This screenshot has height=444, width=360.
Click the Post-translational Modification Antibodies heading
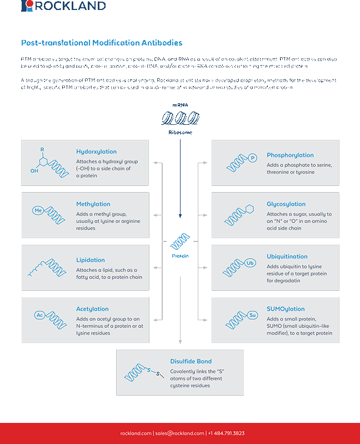pyautogui.click(x=102, y=43)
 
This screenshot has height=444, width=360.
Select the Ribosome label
pyautogui.click(x=180, y=133)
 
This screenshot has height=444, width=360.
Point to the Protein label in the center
pyautogui.click(x=180, y=256)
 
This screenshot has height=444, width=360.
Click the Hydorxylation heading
pyautogui.click(x=96, y=152)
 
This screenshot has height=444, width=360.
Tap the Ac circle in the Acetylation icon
pyautogui.click(x=39, y=315)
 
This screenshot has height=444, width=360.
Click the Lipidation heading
pyautogui.click(x=91, y=260)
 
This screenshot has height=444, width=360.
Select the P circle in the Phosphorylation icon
pyautogui.click(x=253, y=158)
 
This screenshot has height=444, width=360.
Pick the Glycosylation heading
pyautogui.click(x=286, y=204)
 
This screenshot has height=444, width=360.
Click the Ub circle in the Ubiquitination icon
pyautogui.click(x=249, y=263)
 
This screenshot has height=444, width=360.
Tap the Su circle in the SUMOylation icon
pyautogui.click(x=252, y=315)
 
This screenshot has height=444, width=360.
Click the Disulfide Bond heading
pyautogui.click(x=191, y=361)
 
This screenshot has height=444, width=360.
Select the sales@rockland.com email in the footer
pyautogui.click(x=179, y=433)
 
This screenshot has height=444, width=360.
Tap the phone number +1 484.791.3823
pyautogui.click(x=227, y=433)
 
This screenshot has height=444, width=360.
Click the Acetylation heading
pyautogui.click(x=92, y=309)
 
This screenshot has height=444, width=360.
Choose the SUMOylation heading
pyautogui.click(x=286, y=309)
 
